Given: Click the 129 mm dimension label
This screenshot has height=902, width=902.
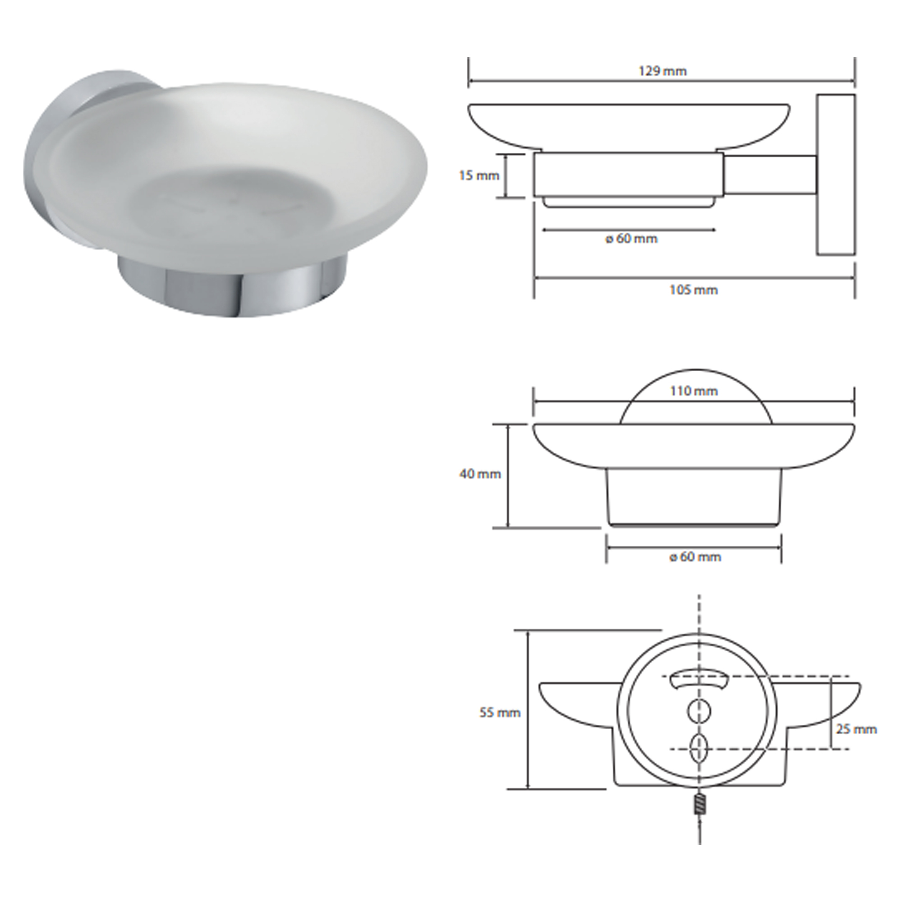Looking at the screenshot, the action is (663, 71).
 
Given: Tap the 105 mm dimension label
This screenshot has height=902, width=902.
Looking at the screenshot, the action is (693, 290).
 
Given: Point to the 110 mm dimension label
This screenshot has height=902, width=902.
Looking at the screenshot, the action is (693, 391).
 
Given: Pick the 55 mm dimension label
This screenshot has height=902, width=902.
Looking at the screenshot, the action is (500, 726).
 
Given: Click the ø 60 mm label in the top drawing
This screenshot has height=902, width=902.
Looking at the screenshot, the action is (631, 239).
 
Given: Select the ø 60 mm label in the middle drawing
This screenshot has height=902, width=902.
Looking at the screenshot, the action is (695, 557).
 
